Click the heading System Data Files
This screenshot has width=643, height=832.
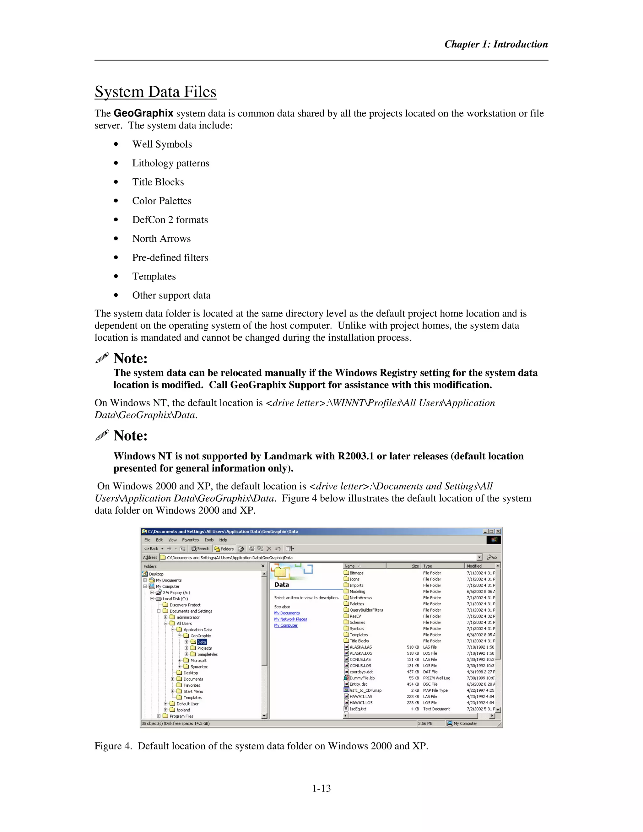155,92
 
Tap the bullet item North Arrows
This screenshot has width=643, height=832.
161,239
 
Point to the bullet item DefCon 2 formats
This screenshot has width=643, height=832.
170,220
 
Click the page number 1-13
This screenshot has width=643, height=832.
321,788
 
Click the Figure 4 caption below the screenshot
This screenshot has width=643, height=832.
261,746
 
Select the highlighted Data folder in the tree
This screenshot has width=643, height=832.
202,642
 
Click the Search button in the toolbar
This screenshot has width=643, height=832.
200,548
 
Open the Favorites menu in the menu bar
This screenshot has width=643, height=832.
190,540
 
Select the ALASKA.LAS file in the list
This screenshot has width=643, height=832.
360,647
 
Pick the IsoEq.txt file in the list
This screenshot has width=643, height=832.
358,709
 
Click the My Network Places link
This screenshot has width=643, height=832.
290,619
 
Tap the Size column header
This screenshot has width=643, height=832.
415,566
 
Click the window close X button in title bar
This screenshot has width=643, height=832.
498,532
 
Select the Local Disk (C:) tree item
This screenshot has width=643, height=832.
175,598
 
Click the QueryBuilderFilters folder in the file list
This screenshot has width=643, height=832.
366,610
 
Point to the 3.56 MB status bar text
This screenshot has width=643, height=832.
425,723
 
